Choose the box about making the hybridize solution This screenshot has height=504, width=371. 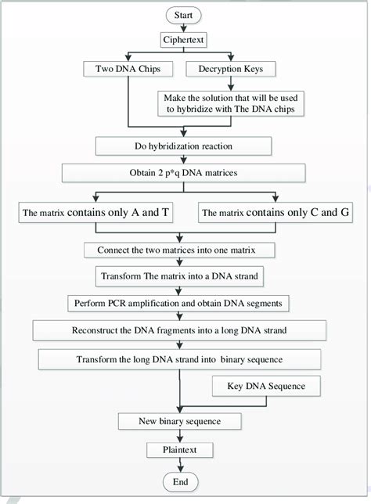click(x=223, y=103)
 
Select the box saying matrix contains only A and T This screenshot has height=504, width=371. click(x=96, y=211)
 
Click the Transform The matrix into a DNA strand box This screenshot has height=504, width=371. click(x=182, y=276)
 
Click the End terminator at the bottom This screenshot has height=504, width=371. click(x=181, y=481)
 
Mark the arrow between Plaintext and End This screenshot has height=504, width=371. click(x=181, y=465)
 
